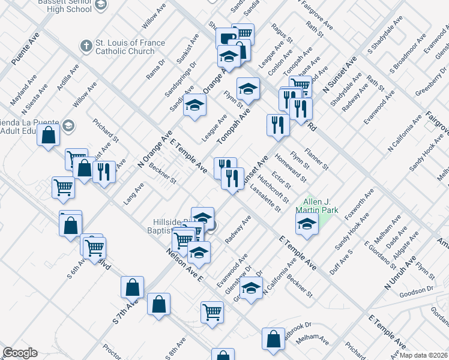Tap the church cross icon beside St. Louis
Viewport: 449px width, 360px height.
tap(86, 46)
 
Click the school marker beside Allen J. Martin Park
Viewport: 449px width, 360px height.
tap(307, 226)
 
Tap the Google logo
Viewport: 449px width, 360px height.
tap(20, 352)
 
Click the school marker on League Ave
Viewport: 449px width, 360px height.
tap(194, 106)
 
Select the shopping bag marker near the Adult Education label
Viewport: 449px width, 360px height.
tap(48, 134)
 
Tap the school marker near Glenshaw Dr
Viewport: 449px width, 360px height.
tap(252, 289)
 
